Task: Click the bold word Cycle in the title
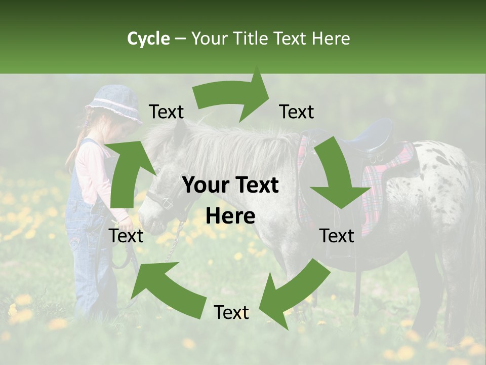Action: point(148,39)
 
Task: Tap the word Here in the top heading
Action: point(332,39)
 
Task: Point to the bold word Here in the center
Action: point(230,216)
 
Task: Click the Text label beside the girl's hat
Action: point(167,112)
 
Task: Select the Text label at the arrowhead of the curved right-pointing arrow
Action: point(297,112)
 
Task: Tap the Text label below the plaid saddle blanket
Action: point(337,236)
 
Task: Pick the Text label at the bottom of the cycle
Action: point(231,313)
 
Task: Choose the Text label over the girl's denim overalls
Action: point(126,236)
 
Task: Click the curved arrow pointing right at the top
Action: point(233,96)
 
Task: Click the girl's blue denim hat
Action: point(114,104)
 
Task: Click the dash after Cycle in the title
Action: point(181,39)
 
